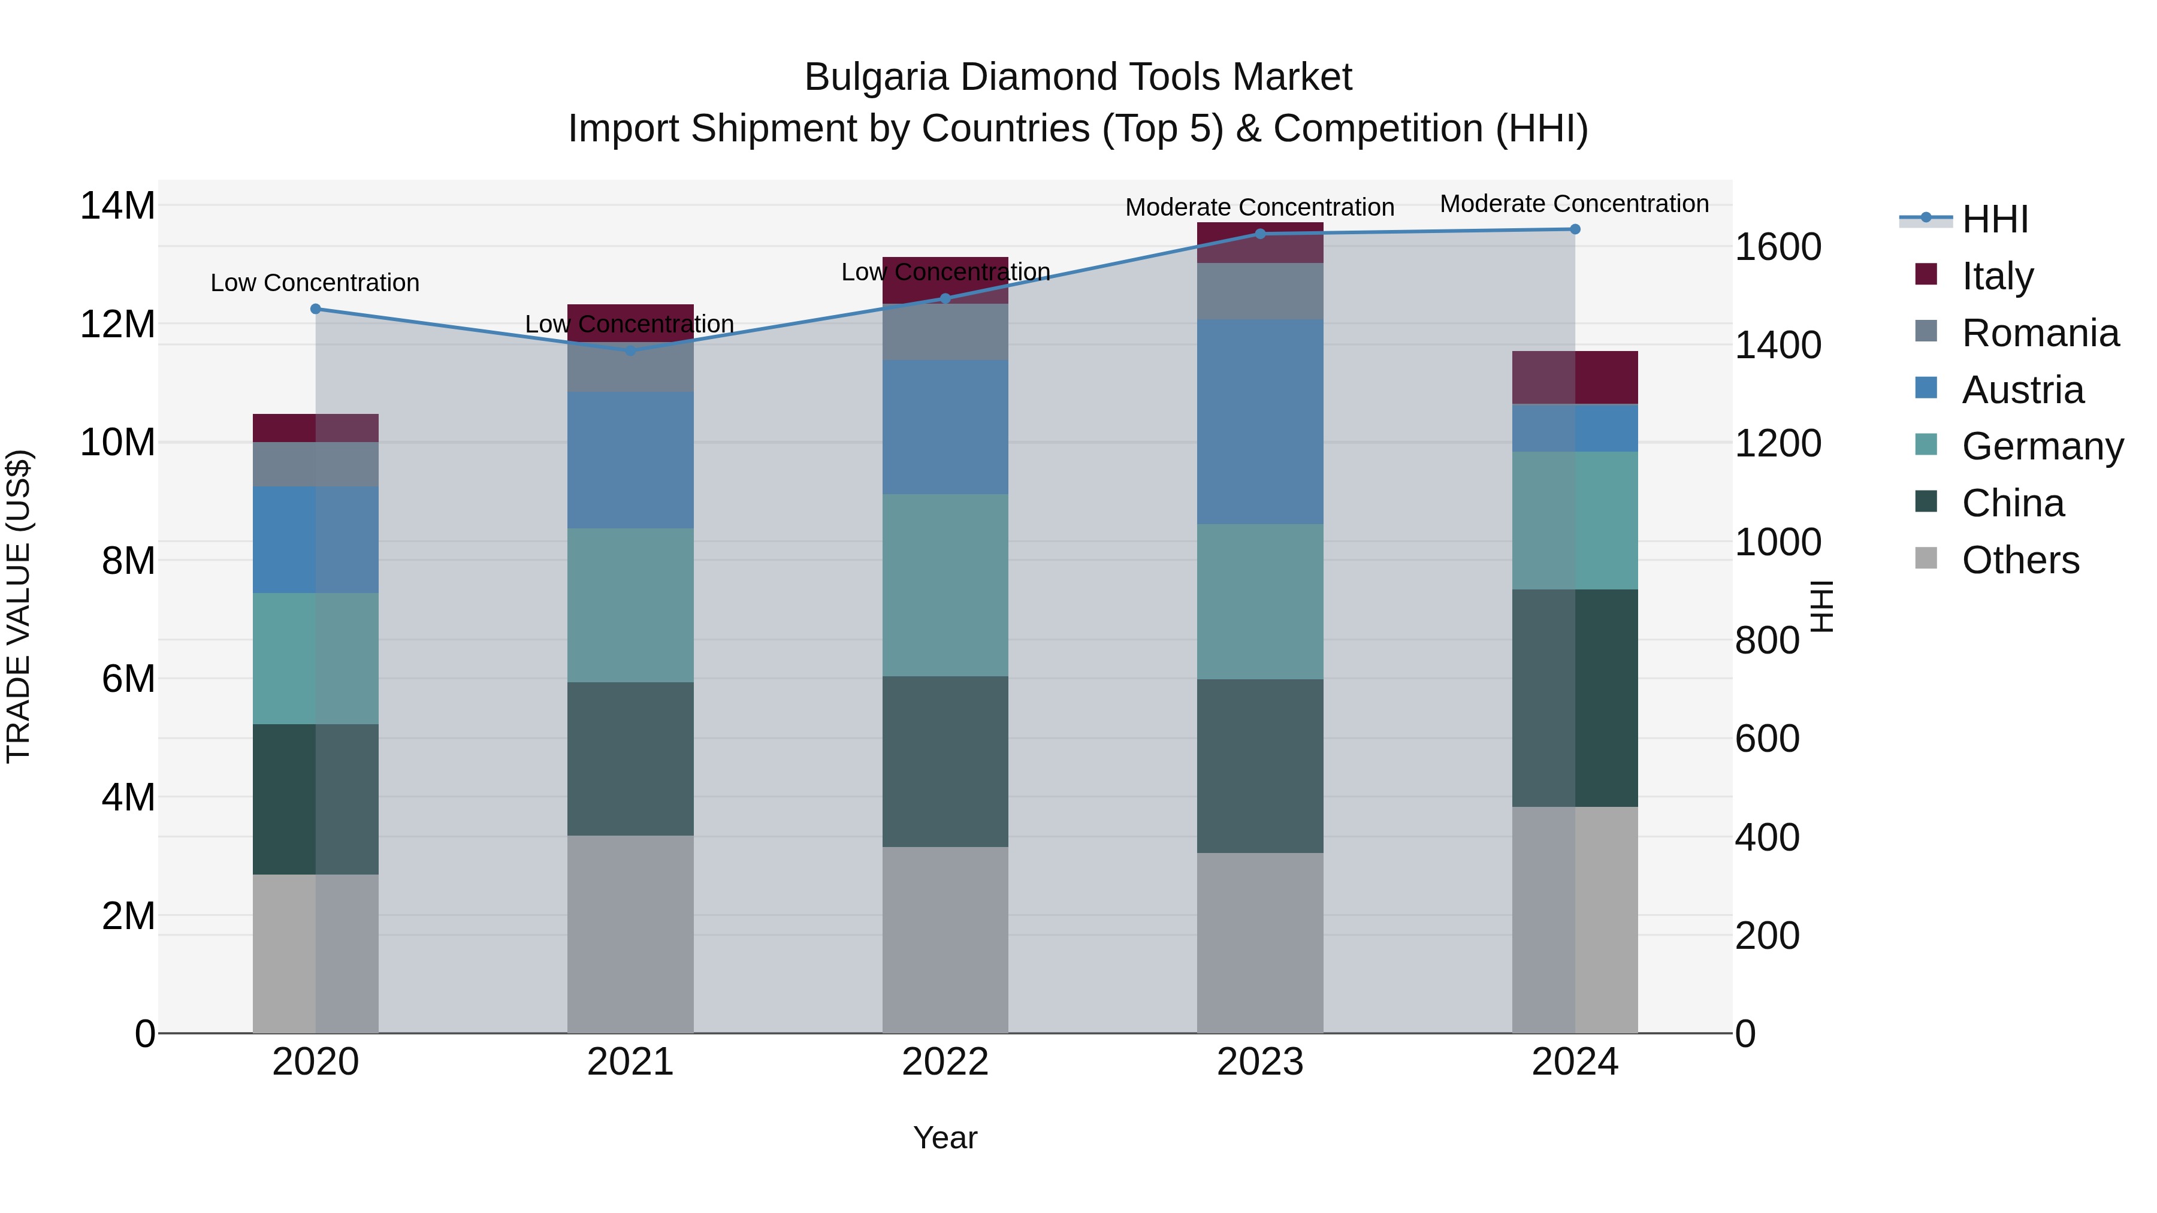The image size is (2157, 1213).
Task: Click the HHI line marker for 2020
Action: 316,309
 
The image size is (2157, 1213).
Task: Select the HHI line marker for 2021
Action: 630,351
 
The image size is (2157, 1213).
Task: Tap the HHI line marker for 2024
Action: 1575,229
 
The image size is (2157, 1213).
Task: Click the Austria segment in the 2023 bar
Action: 1260,422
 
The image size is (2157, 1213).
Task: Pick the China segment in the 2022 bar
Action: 945,762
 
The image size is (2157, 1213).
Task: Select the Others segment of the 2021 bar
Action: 630,934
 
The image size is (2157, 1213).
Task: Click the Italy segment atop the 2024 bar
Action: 1575,377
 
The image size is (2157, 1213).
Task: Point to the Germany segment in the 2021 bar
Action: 630,605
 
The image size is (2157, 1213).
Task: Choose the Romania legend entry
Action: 2040,333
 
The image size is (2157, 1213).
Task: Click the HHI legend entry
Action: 1995,219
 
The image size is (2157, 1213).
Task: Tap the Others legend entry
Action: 2020,560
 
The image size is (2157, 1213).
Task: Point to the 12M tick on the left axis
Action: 117,325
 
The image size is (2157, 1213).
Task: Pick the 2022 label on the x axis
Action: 945,1062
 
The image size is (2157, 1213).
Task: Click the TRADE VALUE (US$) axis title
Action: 19,606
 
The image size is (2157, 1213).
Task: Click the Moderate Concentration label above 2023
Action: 1259,207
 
